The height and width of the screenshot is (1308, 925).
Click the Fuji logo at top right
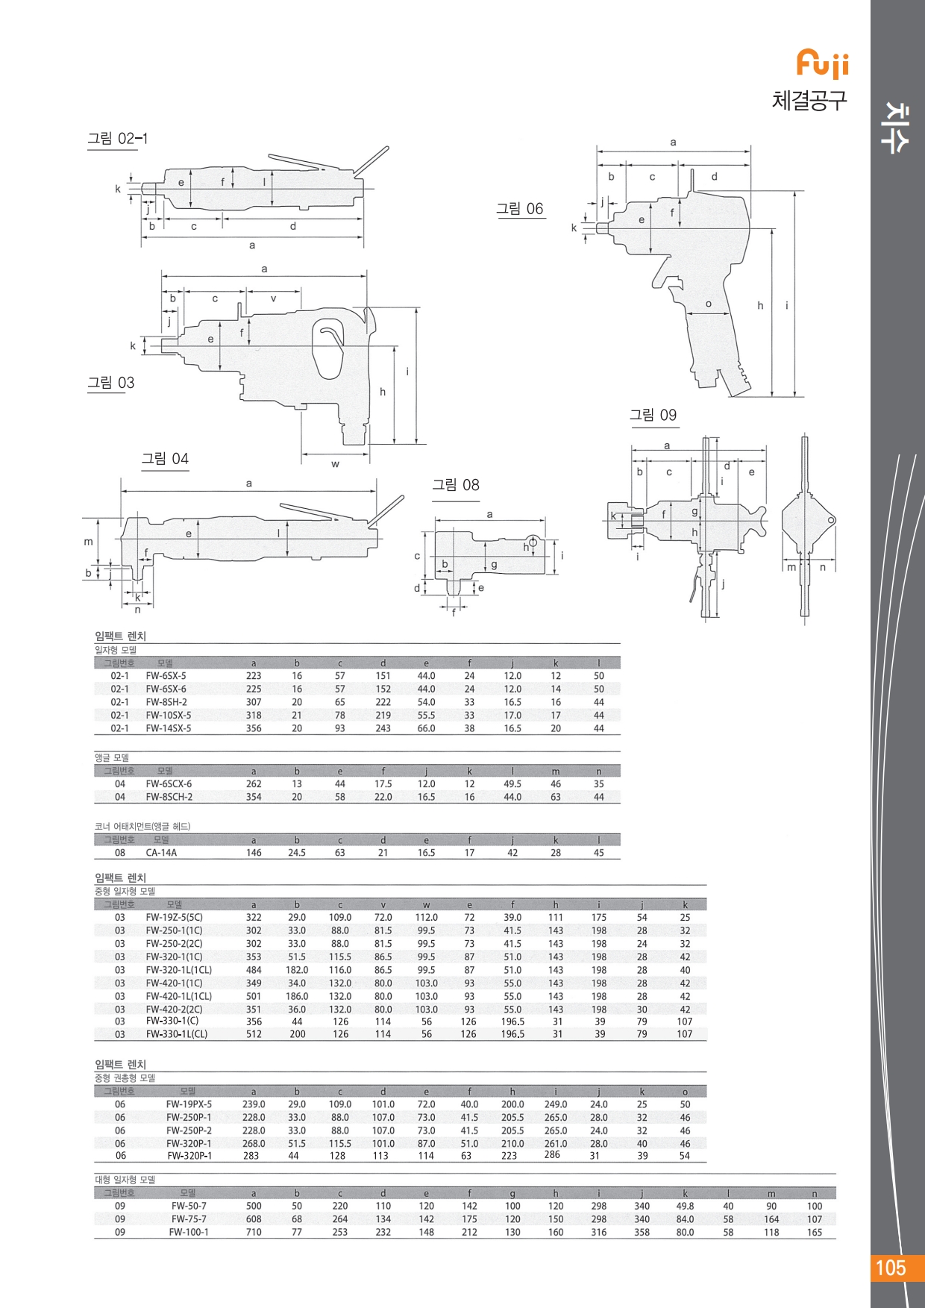coord(823,64)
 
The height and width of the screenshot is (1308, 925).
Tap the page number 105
coord(890,1268)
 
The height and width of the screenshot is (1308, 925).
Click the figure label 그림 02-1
coord(118,139)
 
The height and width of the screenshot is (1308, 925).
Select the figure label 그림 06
coord(520,209)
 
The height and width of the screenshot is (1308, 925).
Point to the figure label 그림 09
coord(653,415)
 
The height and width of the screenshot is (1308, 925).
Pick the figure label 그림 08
coord(456,485)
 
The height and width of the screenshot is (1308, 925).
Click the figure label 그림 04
coord(165,459)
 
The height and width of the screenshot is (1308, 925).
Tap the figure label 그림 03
coord(111,383)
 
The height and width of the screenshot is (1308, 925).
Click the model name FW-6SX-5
coord(166,676)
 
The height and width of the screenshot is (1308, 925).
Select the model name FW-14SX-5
coord(169,728)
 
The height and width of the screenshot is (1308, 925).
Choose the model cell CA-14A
coord(161,853)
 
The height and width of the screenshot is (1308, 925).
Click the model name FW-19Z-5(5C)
coord(174,918)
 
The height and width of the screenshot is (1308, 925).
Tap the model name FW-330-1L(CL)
coord(177,1034)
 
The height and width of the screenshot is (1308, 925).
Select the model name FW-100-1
coord(189,1232)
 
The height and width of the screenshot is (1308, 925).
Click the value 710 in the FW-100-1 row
coord(254,1232)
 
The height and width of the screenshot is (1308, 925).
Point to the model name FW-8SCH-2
coord(169,797)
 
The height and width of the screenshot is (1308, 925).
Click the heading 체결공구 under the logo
coord(809,100)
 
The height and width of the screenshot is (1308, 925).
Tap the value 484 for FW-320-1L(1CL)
coord(254,970)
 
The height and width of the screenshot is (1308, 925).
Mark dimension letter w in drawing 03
coord(336,464)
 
